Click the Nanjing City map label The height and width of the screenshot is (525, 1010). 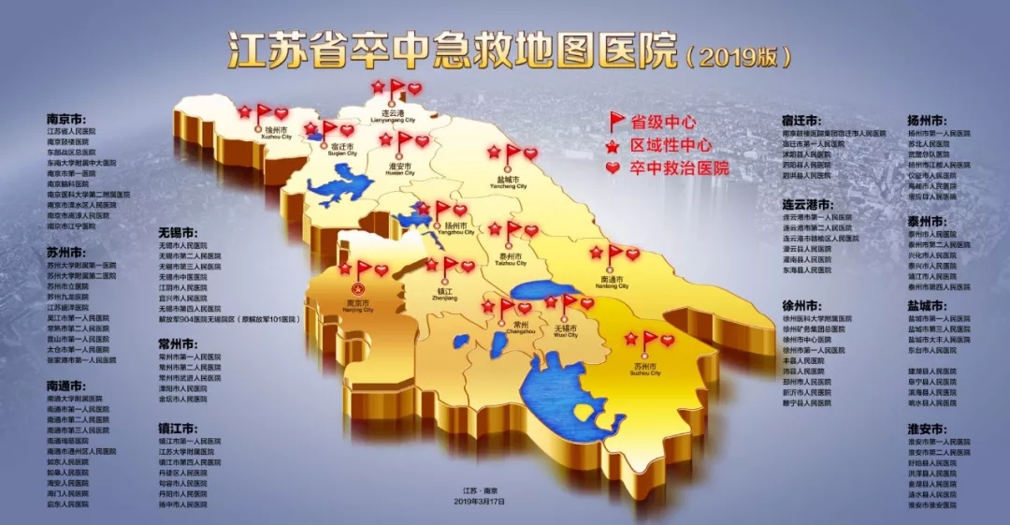(x=358, y=306)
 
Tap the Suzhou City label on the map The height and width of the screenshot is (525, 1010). (x=647, y=369)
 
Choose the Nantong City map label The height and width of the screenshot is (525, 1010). (x=613, y=283)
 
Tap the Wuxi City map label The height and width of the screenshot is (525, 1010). (x=566, y=330)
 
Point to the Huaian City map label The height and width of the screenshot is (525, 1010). (x=399, y=168)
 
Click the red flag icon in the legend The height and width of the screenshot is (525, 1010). (x=616, y=122)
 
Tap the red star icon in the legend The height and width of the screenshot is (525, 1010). (x=614, y=146)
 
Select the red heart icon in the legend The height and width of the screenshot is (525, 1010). (x=614, y=168)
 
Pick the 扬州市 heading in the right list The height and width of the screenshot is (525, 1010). (x=926, y=121)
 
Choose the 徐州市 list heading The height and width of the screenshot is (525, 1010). (x=801, y=305)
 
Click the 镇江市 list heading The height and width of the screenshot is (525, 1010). (x=177, y=428)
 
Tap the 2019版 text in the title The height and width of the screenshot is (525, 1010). (x=738, y=56)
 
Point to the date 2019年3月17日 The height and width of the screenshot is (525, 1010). (x=479, y=502)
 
